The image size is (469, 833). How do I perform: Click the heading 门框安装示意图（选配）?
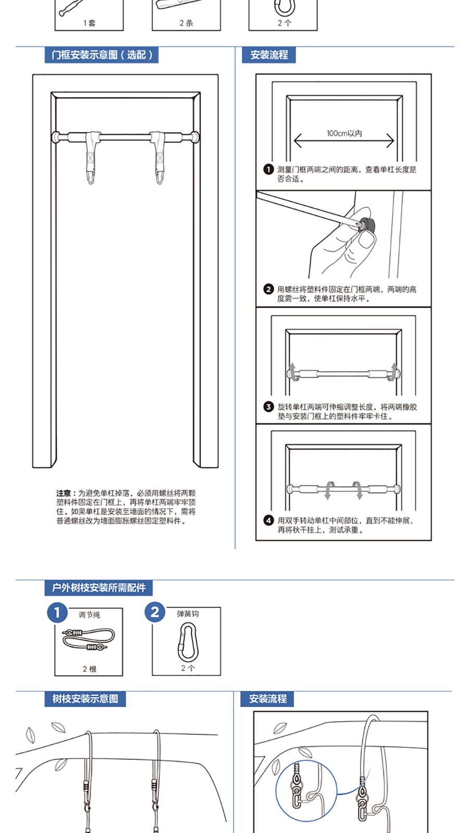(x=102, y=55)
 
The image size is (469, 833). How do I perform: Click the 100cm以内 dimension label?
(x=344, y=133)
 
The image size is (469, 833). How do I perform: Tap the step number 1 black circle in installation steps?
(x=268, y=169)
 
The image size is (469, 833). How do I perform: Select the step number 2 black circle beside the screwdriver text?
(x=268, y=289)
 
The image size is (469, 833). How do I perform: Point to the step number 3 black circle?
(x=268, y=407)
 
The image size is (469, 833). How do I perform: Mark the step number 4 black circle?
(x=268, y=520)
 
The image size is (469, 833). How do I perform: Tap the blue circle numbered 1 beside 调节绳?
(x=57, y=612)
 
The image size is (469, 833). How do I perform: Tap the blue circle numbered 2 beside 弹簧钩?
(x=155, y=612)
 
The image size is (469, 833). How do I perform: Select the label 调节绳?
(x=89, y=615)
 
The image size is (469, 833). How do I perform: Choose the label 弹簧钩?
(x=188, y=614)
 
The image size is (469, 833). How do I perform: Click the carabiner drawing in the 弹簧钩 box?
(x=187, y=642)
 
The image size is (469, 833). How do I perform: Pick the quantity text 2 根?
(x=89, y=669)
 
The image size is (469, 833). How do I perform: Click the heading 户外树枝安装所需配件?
(x=98, y=588)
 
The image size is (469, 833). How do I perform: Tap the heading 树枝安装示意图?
(x=85, y=699)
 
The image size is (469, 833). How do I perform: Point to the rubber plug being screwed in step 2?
(x=369, y=225)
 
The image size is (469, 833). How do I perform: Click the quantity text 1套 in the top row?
(x=89, y=23)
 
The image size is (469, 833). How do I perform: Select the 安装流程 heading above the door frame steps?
(x=269, y=55)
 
